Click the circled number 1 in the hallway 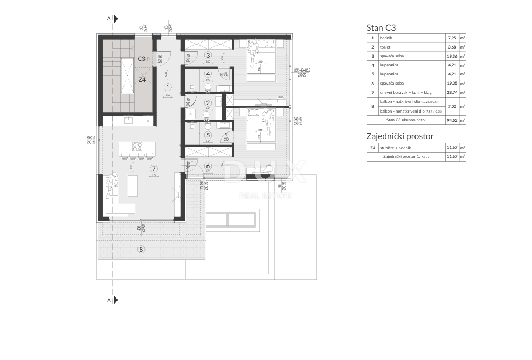(168, 87)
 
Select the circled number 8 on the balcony (141, 249)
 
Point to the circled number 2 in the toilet (208, 102)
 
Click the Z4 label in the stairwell (142, 80)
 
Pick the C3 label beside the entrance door (142, 58)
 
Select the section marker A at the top (109, 19)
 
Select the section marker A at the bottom (109, 300)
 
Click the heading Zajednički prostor (399, 136)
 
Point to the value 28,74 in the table (452, 93)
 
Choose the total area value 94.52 (452, 120)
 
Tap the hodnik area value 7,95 (452, 38)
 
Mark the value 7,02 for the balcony (452, 106)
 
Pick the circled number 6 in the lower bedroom (208, 166)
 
